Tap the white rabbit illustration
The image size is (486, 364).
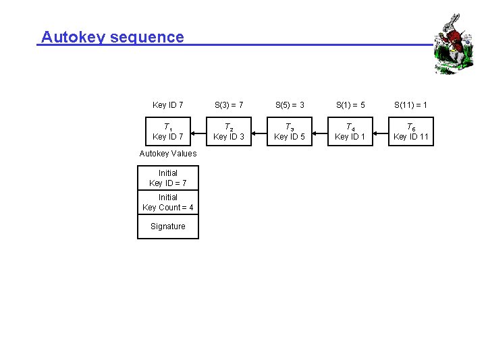tap(450, 44)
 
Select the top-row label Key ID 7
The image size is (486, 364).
tap(168, 104)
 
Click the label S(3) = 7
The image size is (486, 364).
tap(229, 104)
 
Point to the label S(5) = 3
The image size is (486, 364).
tap(290, 104)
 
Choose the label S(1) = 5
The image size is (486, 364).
tap(350, 104)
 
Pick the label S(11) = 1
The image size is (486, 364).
tap(411, 104)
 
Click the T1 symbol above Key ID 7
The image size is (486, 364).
tap(167, 127)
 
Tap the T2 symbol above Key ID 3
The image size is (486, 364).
tap(228, 127)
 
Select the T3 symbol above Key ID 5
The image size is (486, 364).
tap(289, 127)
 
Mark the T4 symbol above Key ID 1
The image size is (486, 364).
tap(350, 127)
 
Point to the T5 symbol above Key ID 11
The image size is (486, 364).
tap(410, 127)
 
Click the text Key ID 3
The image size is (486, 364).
tap(229, 137)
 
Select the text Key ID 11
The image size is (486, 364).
tap(411, 137)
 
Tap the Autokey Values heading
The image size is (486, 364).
tap(168, 154)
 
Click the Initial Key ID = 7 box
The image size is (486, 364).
tap(168, 178)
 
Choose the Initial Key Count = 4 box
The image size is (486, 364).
tap(168, 202)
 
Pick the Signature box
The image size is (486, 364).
tap(168, 226)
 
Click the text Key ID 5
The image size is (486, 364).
tap(290, 137)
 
